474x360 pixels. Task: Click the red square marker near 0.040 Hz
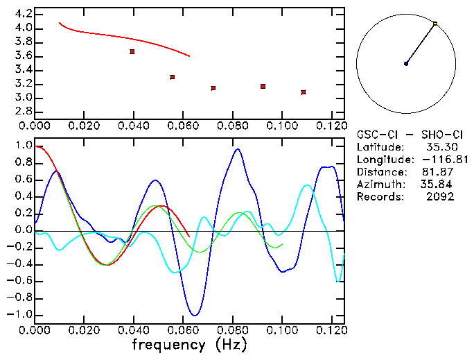pyautogui.click(x=132, y=51)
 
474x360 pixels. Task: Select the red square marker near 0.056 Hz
pyautogui.click(x=173, y=77)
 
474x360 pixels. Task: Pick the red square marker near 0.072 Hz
pyautogui.click(x=213, y=88)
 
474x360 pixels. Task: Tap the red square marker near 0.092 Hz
pyautogui.click(x=263, y=86)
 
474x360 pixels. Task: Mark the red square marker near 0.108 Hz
pyautogui.click(x=304, y=92)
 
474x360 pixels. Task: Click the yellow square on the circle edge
pyautogui.click(x=435, y=24)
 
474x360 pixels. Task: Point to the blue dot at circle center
pyautogui.click(x=406, y=64)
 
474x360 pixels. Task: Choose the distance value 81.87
pyautogui.click(x=441, y=172)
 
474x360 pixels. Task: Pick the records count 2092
pyautogui.click(x=441, y=197)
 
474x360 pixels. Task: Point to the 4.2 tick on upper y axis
pyautogui.click(x=23, y=14)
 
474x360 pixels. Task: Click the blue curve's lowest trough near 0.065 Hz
pyautogui.click(x=195, y=315)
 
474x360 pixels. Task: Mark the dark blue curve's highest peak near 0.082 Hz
pyautogui.click(x=238, y=148)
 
